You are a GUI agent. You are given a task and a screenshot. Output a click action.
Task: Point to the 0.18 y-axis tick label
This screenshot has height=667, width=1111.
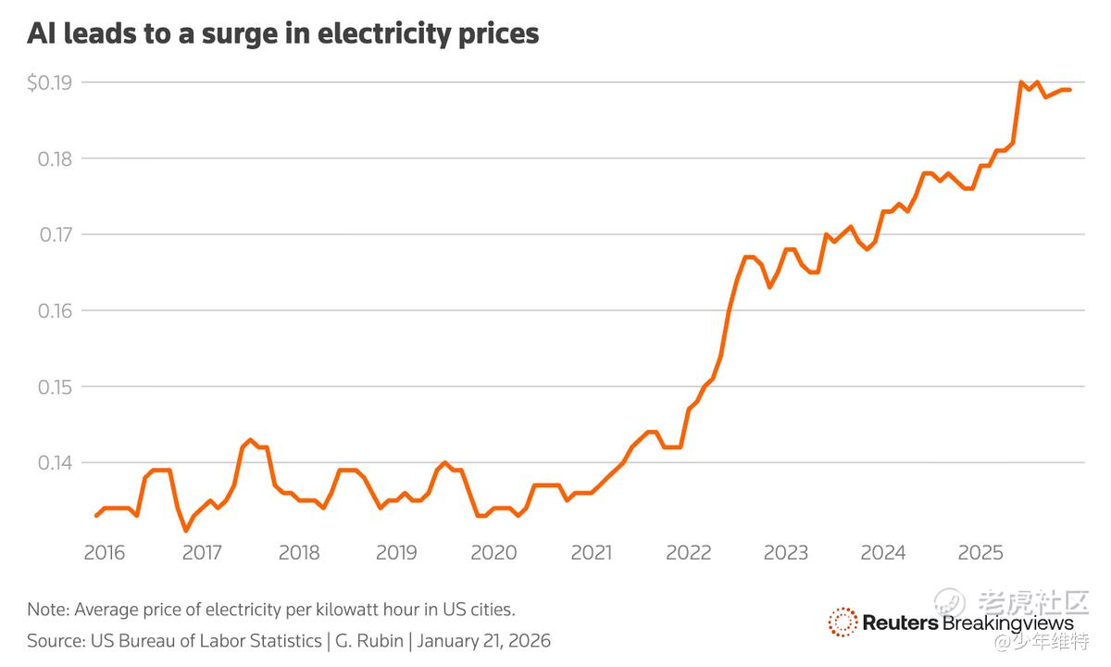[x=54, y=158]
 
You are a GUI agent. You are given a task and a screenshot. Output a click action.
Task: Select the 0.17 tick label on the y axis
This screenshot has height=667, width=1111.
[x=54, y=234]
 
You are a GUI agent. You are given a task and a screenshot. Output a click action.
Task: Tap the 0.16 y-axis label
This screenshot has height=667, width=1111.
[x=54, y=310]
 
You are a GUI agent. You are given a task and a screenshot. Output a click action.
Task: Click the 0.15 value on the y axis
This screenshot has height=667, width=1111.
[x=54, y=386]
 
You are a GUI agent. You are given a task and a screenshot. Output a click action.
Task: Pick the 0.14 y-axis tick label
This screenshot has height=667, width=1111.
[x=54, y=462]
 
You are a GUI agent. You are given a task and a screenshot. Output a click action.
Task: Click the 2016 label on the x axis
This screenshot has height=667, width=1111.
[x=104, y=553]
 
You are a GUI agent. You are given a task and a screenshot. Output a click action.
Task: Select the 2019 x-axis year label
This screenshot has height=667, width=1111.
[x=396, y=553]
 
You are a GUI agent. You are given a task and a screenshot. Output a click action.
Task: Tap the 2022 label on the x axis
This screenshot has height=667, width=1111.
[x=688, y=553]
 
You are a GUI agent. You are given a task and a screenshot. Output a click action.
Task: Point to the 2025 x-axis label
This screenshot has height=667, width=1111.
[x=980, y=553]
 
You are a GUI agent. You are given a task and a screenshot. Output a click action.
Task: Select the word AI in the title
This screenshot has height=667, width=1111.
[x=40, y=34]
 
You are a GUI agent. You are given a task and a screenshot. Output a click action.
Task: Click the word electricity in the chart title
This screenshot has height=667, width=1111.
[x=398, y=35]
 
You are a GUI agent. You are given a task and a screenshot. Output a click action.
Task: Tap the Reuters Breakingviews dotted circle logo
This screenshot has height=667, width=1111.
[x=843, y=623]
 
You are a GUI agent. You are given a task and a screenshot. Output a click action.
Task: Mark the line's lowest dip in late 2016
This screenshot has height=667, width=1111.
[x=186, y=531]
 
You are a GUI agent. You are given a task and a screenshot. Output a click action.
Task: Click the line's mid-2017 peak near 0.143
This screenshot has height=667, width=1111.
[x=250, y=440]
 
